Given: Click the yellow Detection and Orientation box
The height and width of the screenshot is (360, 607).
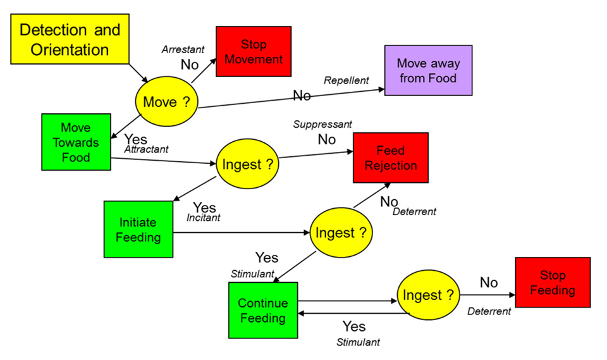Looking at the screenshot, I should click(x=70, y=39).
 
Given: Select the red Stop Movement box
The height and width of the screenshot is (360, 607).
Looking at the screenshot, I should click(x=254, y=51).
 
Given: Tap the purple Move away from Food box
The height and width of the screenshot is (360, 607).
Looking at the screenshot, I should click(x=429, y=70).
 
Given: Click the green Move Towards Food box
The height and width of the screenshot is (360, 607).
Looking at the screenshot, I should click(x=76, y=142).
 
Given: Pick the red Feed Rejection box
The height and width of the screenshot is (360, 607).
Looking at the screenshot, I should click(x=390, y=158).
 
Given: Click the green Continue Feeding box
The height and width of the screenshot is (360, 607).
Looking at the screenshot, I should click(x=262, y=310).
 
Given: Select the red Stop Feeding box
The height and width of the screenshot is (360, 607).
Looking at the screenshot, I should click(x=553, y=283).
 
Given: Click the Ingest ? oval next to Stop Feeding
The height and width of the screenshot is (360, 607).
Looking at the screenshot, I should click(x=429, y=295).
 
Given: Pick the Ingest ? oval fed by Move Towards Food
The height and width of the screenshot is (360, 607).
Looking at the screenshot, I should click(x=248, y=164).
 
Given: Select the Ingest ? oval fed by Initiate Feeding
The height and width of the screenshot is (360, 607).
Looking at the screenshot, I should click(x=341, y=233).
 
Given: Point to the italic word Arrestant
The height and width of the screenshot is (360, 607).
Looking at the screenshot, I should click(x=182, y=49).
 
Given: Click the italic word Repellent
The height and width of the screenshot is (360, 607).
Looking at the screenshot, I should click(x=346, y=80).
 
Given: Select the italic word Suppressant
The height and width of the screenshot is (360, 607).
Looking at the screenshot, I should click(x=322, y=124).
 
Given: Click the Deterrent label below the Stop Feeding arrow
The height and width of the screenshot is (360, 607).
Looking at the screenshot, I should click(x=489, y=311).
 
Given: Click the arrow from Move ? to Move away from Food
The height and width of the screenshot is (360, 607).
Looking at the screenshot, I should click(x=291, y=98).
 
